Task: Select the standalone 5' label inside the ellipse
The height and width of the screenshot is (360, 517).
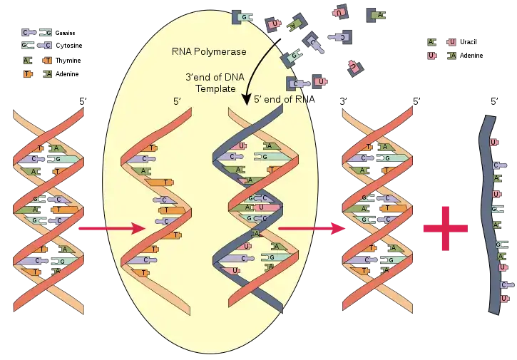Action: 178,101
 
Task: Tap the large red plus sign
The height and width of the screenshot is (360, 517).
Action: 445,228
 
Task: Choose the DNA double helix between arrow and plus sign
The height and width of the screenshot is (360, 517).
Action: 378,210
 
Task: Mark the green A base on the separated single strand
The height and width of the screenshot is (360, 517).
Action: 145,172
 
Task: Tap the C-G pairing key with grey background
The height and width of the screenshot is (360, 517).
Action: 37,38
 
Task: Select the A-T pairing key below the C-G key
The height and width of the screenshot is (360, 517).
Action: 37,67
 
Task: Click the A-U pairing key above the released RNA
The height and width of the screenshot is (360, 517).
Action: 442,48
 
